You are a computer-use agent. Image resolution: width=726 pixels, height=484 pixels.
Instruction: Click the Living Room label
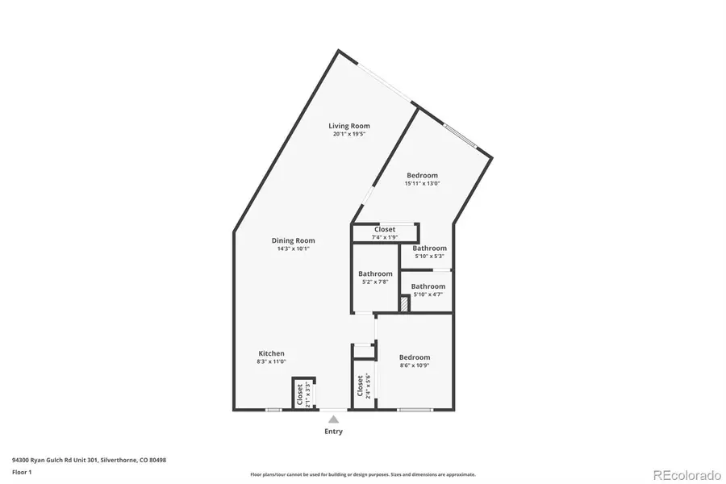click(x=349, y=126)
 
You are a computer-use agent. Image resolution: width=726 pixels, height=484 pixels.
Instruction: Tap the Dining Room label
click(x=293, y=240)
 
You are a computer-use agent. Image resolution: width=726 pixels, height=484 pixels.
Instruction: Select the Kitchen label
click(x=271, y=353)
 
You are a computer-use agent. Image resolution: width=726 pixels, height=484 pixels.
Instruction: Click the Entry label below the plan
click(x=333, y=432)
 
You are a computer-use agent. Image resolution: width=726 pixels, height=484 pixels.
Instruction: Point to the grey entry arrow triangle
click(x=333, y=419)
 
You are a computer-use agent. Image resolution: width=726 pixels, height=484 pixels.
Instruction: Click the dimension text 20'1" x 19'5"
click(x=349, y=135)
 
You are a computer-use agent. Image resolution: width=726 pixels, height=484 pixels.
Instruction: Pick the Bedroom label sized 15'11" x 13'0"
click(x=422, y=176)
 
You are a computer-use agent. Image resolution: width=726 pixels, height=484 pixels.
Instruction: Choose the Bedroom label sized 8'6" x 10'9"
click(x=415, y=357)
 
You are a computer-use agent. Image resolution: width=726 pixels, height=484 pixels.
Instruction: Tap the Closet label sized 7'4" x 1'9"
click(x=385, y=230)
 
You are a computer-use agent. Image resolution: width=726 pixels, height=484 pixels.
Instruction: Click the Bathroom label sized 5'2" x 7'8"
click(x=375, y=273)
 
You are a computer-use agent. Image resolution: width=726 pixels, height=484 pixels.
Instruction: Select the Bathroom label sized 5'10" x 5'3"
click(x=429, y=248)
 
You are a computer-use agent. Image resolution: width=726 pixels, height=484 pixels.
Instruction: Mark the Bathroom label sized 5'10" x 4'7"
click(x=428, y=286)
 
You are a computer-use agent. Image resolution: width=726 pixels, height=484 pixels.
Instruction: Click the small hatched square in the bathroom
click(x=404, y=306)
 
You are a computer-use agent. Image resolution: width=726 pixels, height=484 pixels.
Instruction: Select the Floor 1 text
click(x=23, y=471)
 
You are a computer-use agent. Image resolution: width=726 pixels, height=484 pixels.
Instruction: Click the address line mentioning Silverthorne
click(x=89, y=460)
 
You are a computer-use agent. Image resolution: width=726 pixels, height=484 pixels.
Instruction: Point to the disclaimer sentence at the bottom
click(x=362, y=474)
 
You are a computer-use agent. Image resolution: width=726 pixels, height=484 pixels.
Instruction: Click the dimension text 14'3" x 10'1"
click(x=293, y=249)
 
